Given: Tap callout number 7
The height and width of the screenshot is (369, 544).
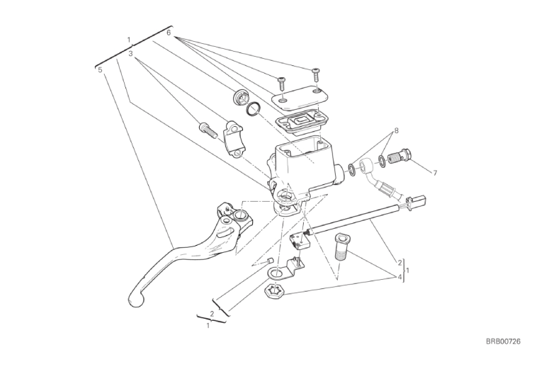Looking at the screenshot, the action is pos(435,173).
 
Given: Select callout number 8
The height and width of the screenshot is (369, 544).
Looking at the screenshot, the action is pos(396,131).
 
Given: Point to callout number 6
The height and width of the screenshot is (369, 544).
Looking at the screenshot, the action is pos(169,33).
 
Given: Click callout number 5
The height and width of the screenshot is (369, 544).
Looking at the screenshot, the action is pos(101,70).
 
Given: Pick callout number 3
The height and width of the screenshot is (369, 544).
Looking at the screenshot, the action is pos(130,54).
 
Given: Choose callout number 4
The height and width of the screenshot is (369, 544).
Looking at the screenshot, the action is pos(399,277).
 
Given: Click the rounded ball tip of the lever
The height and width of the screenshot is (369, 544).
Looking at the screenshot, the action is pos(136,299).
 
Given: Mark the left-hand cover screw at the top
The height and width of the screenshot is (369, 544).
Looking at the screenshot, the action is pos(281,84).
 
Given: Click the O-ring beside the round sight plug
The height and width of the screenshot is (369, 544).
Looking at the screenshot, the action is pos(254,109).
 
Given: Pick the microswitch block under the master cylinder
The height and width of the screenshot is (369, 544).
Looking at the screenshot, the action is pos(297,242).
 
